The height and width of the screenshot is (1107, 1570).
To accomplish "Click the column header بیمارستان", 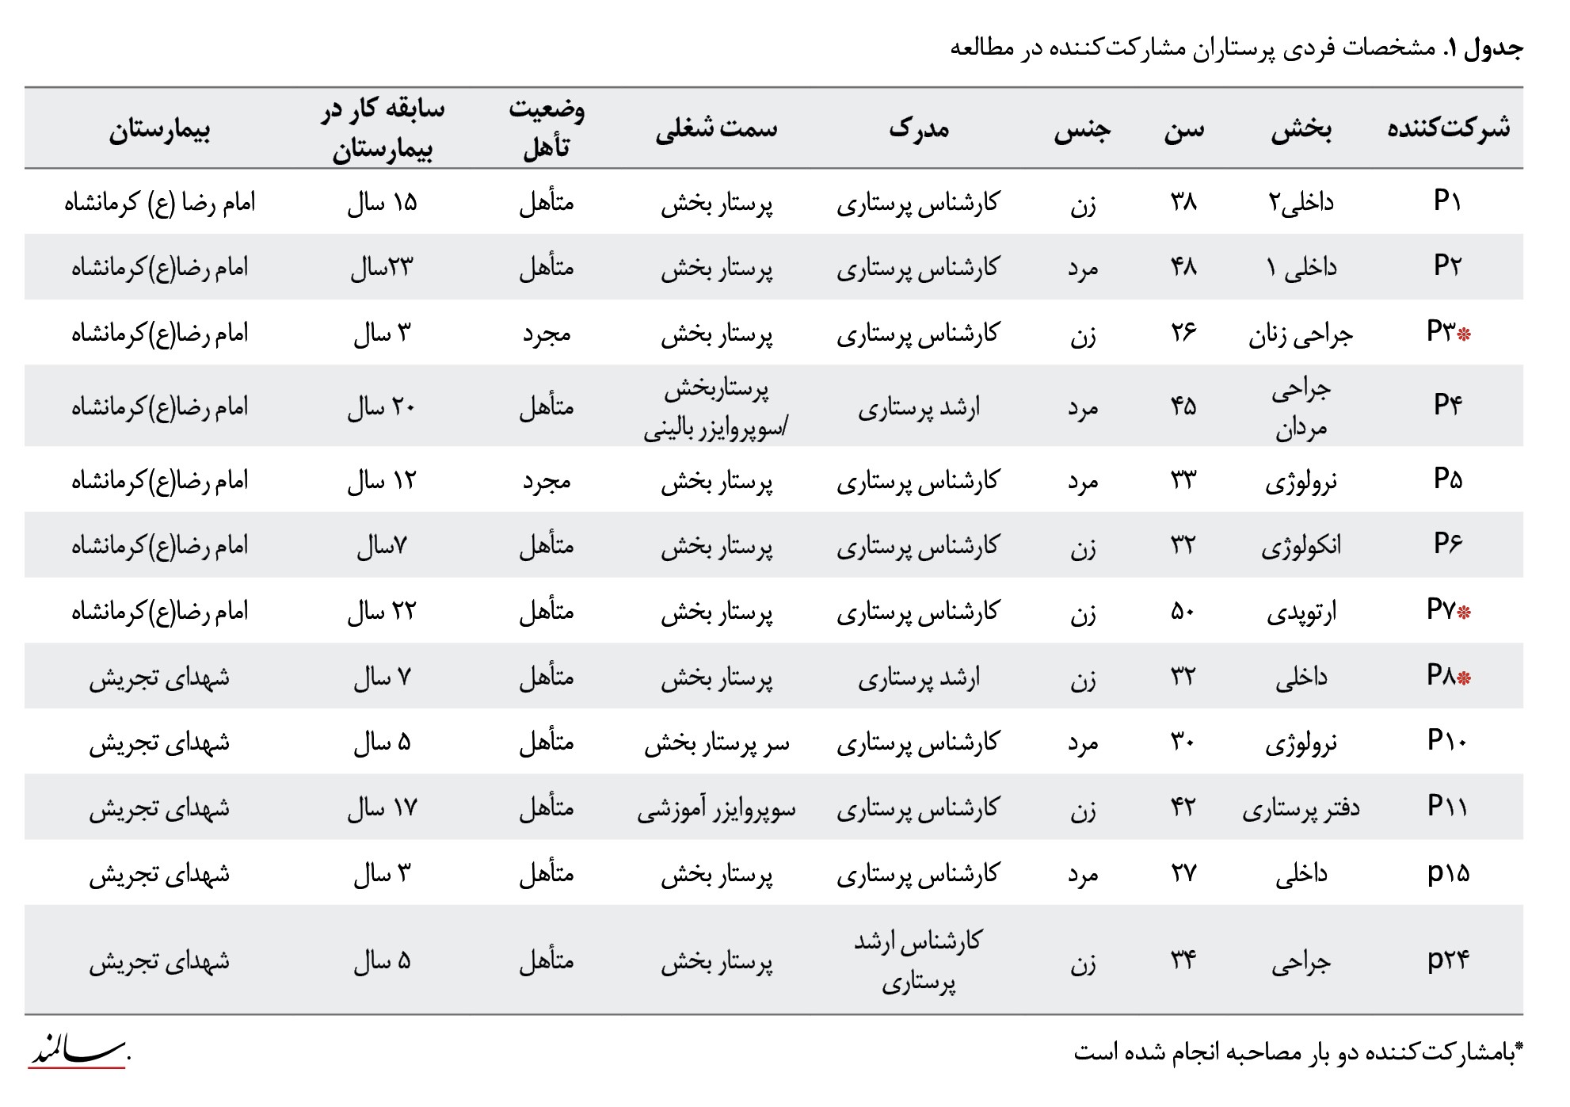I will tap(159, 129).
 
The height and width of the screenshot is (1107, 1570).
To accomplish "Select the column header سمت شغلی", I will tap(716, 129).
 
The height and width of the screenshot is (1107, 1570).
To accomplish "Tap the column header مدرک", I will tap(919, 129).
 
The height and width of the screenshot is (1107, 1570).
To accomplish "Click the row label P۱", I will tap(1447, 201).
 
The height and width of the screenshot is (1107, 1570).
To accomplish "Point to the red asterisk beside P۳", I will tap(1464, 334).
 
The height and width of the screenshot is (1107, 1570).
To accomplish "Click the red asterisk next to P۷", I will tap(1464, 612).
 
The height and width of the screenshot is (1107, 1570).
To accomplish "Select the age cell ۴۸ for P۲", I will tap(1183, 267).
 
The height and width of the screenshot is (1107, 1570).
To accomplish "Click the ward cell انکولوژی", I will tap(1301, 546).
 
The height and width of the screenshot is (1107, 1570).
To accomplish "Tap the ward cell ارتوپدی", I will tap(1301, 611).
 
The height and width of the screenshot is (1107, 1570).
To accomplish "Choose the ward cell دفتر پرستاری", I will tap(1301, 808).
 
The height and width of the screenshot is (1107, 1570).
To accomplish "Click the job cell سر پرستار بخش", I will tap(716, 743).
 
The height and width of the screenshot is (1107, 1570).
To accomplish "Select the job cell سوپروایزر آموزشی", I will tap(716, 808).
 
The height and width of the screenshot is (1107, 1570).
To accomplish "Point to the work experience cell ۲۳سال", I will tap(382, 268).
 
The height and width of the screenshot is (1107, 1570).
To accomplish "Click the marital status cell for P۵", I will tap(547, 481).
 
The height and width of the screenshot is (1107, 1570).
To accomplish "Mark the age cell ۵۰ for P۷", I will tap(1183, 611).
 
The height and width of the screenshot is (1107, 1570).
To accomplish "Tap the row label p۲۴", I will tap(1447, 960).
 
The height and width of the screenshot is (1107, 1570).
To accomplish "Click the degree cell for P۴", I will tap(919, 407).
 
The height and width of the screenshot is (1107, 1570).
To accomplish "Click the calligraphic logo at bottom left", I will tap(78, 1052).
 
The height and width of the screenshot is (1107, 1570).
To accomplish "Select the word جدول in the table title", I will tap(1493, 48).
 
